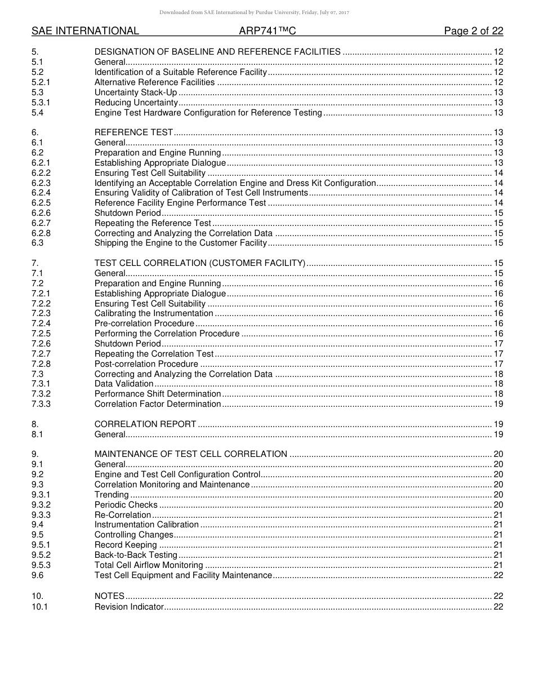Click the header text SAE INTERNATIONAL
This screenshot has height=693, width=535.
pos(85,31)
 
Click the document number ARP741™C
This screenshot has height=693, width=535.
pos(267,31)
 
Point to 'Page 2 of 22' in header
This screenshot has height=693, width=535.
pos(473,31)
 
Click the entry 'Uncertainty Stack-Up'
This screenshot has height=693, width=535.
pos(135,92)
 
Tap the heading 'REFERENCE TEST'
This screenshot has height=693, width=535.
pos(133,133)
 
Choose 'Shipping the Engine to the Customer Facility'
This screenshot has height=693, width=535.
pos(180,243)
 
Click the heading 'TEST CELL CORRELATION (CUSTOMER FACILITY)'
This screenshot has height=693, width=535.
pos(200,263)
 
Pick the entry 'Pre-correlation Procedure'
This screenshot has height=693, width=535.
pos(144,323)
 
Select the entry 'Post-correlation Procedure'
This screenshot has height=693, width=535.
pos(146,364)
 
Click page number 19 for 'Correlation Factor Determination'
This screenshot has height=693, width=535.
pos(498,404)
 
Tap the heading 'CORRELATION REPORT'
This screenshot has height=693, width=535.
pos(145,424)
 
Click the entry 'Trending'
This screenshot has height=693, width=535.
pos(112,495)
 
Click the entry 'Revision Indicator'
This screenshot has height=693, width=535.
pos(129,607)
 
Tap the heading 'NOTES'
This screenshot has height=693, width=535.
pos(109,596)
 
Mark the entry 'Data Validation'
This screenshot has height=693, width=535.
pos(124,384)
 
